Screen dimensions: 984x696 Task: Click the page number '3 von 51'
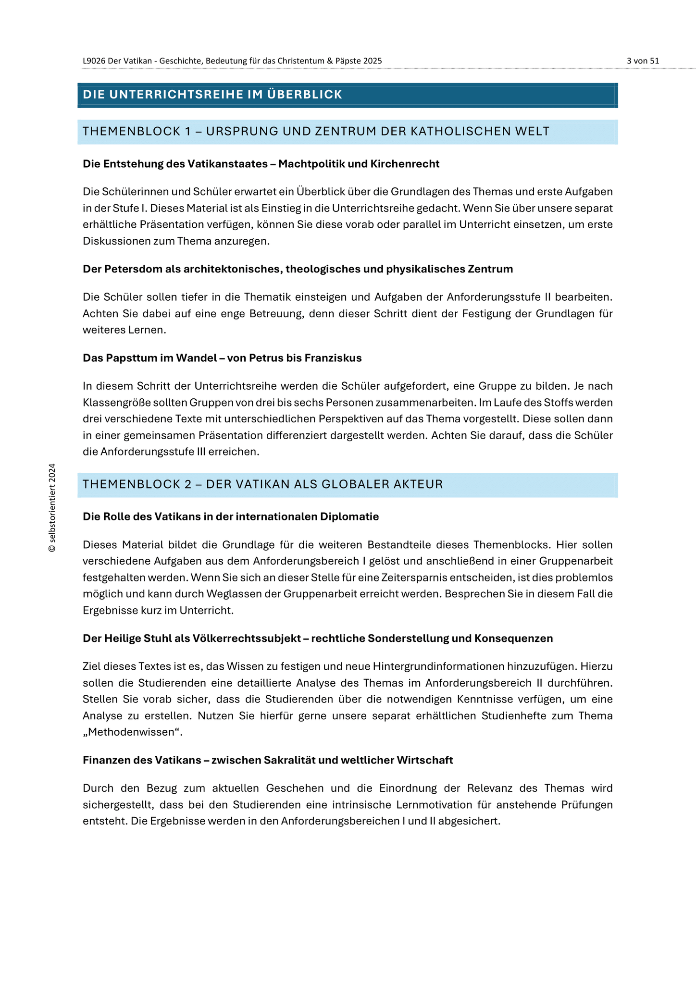click(x=643, y=61)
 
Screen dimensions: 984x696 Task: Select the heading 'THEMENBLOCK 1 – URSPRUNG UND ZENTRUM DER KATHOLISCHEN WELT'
click(x=316, y=132)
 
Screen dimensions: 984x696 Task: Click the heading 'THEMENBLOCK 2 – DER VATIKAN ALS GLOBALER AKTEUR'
click(x=262, y=484)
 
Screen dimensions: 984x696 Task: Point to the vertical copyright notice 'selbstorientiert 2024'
click(x=52, y=508)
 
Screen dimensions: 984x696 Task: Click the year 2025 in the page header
click(x=373, y=61)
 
